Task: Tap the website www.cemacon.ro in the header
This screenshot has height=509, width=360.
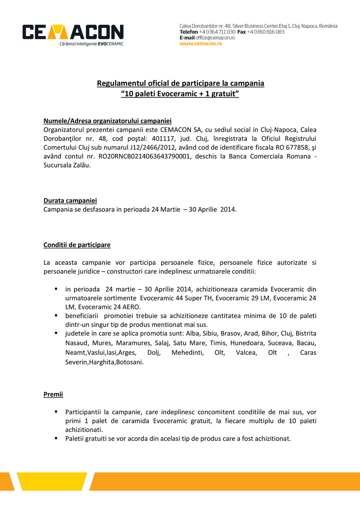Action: pyautogui.click(x=201, y=43)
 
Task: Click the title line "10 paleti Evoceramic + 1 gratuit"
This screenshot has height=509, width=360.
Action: pyautogui.click(x=180, y=94)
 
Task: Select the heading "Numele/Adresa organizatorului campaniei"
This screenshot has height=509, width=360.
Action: pyautogui.click(x=108, y=121)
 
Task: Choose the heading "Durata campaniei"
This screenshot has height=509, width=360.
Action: pyautogui.click(x=70, y=200)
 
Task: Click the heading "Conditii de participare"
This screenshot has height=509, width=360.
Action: pyautogui.click(x=77, y=245)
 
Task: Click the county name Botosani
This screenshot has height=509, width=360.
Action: pyautogui.click(x=130, y=362)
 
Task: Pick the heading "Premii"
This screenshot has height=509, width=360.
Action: pyautogui.click(x=53, y=394)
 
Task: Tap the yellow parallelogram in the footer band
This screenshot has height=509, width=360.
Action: pyautogui.click(x=55, y=481)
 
